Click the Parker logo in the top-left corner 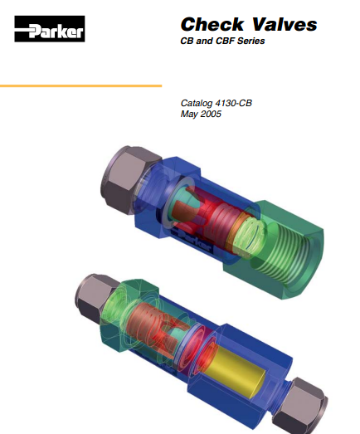click(x=50, y=29)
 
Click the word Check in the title click(x=212, y=24)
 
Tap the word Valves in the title click(x=285, y=24)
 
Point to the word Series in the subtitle click(x=251, y=41)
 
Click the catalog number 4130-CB click(x=234, y=103)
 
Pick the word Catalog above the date click(x=197, y=103)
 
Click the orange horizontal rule click(x=80, y=85)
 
